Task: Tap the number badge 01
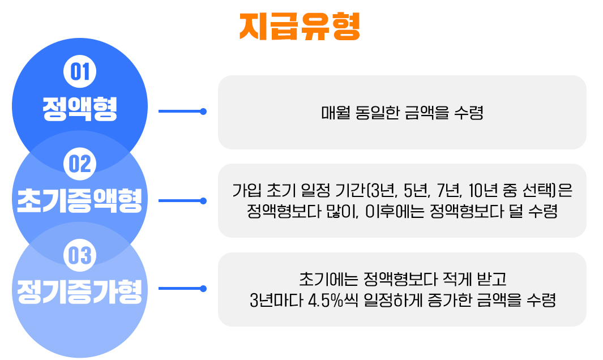(x=80, y=72)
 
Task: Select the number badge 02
(x=80, y=164)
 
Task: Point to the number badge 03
(x=80, y=255)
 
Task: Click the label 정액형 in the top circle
(x=80, y=109)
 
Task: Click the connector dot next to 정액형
(x=203, y=112)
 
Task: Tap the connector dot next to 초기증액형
(x=203, y=200)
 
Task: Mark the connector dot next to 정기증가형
(x=203, y=289)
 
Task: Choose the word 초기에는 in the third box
(x=320, y=279)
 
